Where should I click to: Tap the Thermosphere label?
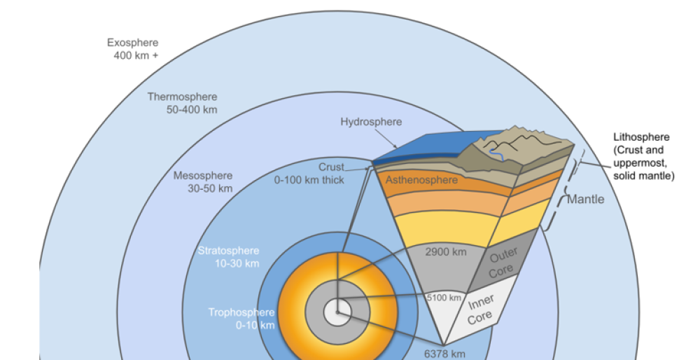pos(182,97)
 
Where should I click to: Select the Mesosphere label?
pos(203,175)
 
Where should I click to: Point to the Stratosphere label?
pos(228,251)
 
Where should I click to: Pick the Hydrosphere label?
pos(371,122)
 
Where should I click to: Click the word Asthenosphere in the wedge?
pos(421,180)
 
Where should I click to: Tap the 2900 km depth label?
pos(445,251)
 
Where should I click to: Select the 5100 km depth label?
pos(444,298)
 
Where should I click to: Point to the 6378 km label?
pos(444,353)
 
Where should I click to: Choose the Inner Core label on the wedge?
pos(482,309)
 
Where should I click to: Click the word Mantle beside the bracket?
pos(585,200)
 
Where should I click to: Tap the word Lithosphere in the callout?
pos(641,137)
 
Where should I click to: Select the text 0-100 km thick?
pos(309,179)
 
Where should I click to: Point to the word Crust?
pos(331,167)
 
